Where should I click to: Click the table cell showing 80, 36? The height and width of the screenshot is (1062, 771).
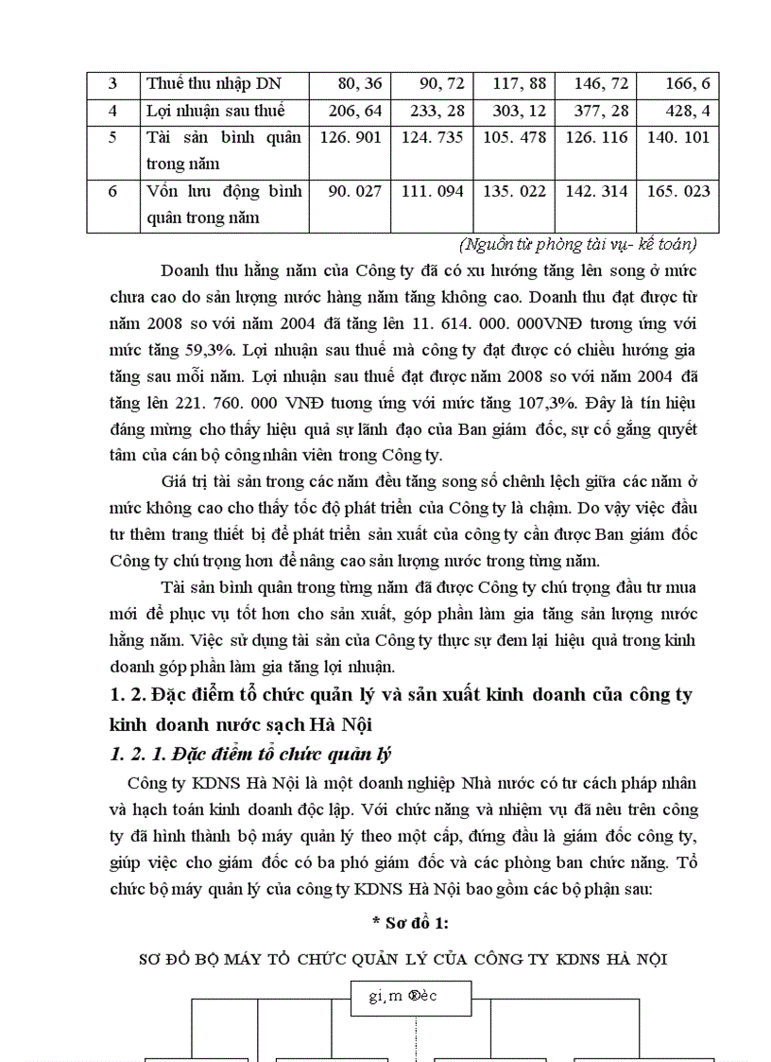(355, 83)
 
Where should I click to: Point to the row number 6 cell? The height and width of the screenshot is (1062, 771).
(112, 191)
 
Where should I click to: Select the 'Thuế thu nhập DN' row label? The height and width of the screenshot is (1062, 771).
(214, 83)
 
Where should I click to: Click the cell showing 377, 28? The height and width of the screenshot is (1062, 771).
(601, 111)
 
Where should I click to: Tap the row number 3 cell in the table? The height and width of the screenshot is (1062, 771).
(112, 83)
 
